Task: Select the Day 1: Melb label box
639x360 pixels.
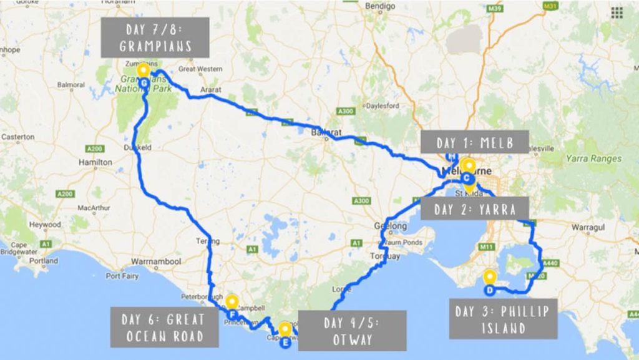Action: pyautogui.click(x=474, y=142)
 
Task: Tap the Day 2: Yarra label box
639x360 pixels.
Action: pyautogui.click(x=475, y=209)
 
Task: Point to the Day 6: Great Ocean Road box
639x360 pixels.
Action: pyautogui.click(x=164, y=328)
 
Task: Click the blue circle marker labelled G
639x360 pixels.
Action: pyautogui.click(x=144, y=83)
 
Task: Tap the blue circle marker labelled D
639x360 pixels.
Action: pyautogui.click(x=490, y=289)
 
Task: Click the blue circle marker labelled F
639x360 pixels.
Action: pyautogui.click(x=232, y=314)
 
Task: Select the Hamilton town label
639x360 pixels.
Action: pyautogui.click(x=95, y=162)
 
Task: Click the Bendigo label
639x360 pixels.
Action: pyautogui.click(x=381, y=6)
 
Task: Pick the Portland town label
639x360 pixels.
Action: pyautogui.click(x=44, y=261)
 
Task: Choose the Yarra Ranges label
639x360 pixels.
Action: pyautogui.click(x=593, y=158)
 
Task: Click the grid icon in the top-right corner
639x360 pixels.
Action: pyautogui.click(x=617, y=12)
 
